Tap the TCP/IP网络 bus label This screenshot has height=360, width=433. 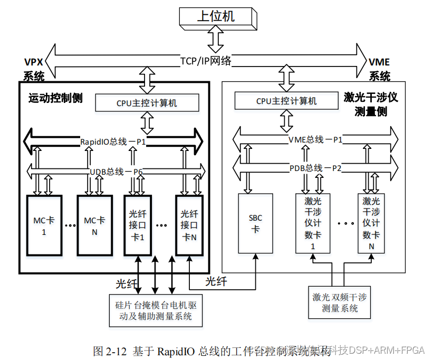coord(206,61)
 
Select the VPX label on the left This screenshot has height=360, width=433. coord(33,62)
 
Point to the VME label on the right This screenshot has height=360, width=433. coord(379,62)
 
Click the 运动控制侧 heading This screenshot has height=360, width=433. coord(55,98)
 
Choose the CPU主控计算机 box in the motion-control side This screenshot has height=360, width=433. coord(147,103)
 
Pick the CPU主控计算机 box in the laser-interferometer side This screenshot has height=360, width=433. coord(286,100)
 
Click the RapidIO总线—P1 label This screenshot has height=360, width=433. coord(113,142)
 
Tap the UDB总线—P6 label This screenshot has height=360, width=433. coord(117,171)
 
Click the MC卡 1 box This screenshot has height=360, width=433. coord(44,226)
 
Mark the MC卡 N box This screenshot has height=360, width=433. coord(95,226)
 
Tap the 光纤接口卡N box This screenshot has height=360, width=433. coord(189,226)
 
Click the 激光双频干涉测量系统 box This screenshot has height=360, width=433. coord(340,302)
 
